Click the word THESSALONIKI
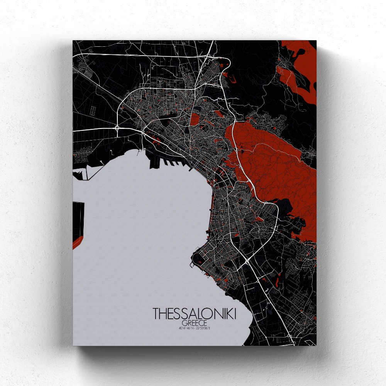click(x=195, y=313)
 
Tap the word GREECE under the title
click(x=195, y=323)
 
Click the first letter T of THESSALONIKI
click(x=156, y=313)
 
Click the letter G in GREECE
click(x=184, y=323)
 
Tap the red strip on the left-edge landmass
click(x=78, y=243)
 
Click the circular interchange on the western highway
click(x=117, y=127)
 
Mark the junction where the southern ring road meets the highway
click(x=247, y=261)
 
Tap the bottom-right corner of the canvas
click(x=316, y=345)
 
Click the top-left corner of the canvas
click(x=73, y=41)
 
